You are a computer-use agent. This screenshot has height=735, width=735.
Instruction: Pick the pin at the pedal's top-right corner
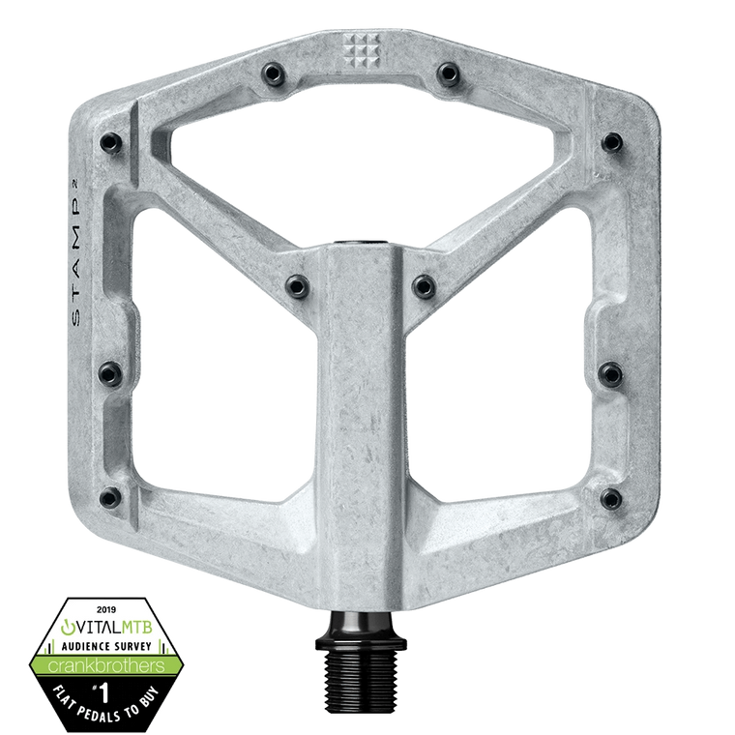tap(610, 142)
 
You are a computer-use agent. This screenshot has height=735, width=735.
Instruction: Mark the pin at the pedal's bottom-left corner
tap(127, 499)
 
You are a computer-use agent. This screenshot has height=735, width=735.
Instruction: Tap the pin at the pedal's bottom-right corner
tap(608, 499)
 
